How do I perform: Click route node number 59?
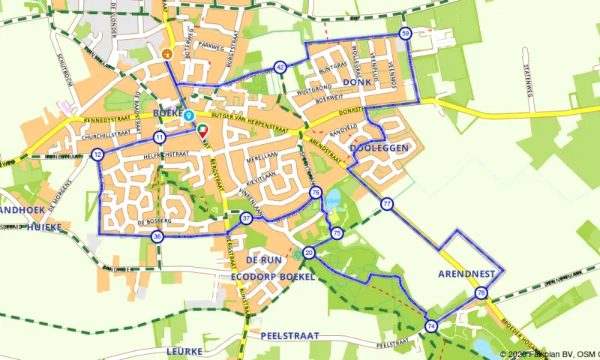406,34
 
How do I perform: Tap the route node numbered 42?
280,67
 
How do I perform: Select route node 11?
159,138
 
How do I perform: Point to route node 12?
98,154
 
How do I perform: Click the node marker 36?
157,237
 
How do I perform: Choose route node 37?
247,219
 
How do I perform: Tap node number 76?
316,193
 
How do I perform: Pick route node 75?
337,233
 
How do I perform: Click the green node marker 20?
308,253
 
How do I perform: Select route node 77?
386,204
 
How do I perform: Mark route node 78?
481,292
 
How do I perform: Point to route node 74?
430,326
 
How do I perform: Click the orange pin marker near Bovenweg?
167,54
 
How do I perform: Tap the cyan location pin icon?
190,115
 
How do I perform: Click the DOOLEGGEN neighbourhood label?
379,148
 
